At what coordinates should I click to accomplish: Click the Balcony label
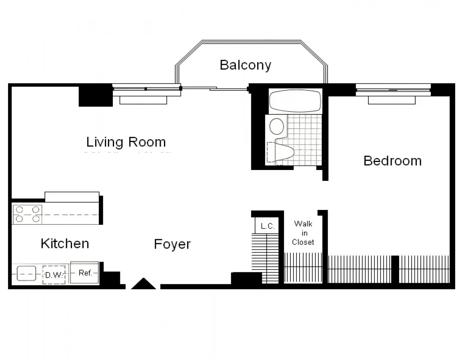[x=245, y=65]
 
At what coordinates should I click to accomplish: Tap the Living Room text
[x=126, y=142]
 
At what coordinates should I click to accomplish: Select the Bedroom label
[x=392, y=161]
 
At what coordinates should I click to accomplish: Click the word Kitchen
[x=65, y=243]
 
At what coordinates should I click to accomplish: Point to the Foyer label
[x=172, y=244]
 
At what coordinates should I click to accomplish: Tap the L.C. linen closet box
[x=267, y=226]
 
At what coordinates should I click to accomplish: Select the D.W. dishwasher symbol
[x=54, y=275]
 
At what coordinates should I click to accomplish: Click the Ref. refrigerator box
[x=85, y=273]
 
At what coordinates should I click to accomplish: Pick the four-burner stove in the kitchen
[x=27, y=214]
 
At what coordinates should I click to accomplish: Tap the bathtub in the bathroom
[x=295, y=101]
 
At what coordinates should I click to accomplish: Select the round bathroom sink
[x=277, y=126]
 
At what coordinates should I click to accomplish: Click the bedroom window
[x=393, y=90]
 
